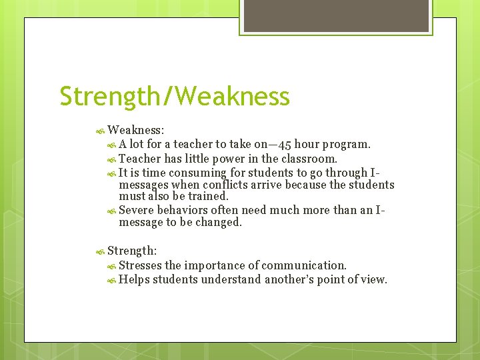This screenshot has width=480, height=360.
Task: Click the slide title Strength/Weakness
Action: click(175, 96)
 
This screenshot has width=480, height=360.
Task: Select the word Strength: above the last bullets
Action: click(132, 251)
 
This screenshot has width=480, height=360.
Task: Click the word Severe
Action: click(136, 210)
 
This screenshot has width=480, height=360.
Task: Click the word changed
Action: click(219, 223)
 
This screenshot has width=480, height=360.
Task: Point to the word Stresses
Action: click(140, 265)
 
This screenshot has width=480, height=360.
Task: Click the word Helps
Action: click(134, 279)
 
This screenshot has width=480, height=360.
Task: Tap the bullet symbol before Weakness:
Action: click(101, 129)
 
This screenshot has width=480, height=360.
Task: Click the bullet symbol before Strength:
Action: click(101, 251)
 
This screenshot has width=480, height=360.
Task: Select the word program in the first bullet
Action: click(349, 145)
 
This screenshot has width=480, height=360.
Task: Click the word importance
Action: click(216, 265)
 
